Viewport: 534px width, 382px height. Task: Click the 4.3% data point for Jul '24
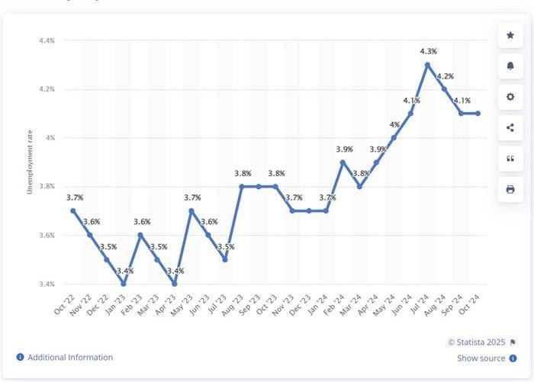pos(428,65)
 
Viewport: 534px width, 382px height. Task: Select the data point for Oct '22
pos(73,210)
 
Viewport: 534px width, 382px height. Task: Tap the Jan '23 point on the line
pos(124,284)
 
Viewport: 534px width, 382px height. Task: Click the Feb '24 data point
pos(343,162)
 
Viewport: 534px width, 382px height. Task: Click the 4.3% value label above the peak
pos(428,51)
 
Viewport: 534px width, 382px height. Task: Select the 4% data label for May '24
pos(394,124)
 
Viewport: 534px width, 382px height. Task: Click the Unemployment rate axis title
pos(30,162)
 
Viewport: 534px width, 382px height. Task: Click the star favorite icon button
pos(510,35)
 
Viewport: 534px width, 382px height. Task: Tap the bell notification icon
pos(510,66)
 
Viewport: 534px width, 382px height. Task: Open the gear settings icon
pos(510,97)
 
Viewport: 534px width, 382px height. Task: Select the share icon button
pos(510,127)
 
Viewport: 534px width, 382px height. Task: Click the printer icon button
pos(510,189)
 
